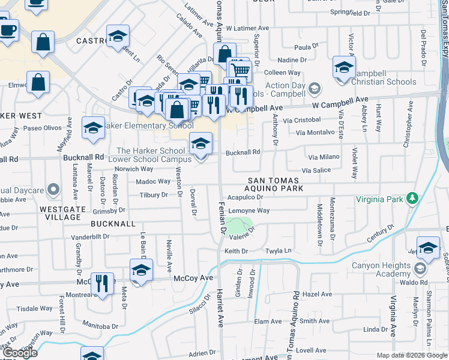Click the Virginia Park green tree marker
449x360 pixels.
412,199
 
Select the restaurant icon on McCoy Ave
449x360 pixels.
102,284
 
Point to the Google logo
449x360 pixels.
19,353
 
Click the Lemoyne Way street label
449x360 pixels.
249,211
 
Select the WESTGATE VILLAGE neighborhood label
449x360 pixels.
62,209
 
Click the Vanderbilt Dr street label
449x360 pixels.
90,236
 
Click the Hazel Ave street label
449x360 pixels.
317,294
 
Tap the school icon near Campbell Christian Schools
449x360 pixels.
344,67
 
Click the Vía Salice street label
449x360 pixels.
316,170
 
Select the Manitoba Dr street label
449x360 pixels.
101,326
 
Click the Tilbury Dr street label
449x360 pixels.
153,195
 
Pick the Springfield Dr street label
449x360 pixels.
349,12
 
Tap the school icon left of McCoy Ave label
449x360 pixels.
141,271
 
